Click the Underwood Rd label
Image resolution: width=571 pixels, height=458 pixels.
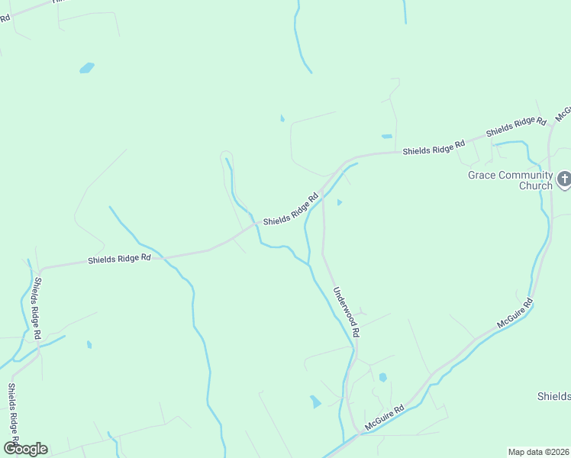coord(346,312)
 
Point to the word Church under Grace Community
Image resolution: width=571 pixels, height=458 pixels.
coord(535,185)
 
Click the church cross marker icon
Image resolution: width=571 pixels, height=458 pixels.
coord(564,180)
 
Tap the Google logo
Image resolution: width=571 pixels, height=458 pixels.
coord(25,449)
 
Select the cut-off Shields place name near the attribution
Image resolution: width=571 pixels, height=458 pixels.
coord(553,395)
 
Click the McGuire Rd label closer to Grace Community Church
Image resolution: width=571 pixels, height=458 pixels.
coord(515,314)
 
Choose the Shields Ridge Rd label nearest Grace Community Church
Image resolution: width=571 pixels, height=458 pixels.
coord(518,126)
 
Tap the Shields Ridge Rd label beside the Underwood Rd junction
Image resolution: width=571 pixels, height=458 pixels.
coord(291,210)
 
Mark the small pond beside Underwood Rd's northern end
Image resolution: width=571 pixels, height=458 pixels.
coord(340,202)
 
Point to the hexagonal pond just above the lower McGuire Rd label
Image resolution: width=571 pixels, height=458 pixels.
coord(382,377)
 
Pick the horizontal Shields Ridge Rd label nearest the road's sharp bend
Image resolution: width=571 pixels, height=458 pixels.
coord(119,259)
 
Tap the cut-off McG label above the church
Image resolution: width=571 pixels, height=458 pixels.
coord(563,113)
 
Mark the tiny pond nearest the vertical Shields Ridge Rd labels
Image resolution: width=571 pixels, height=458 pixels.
coord(89,344)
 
